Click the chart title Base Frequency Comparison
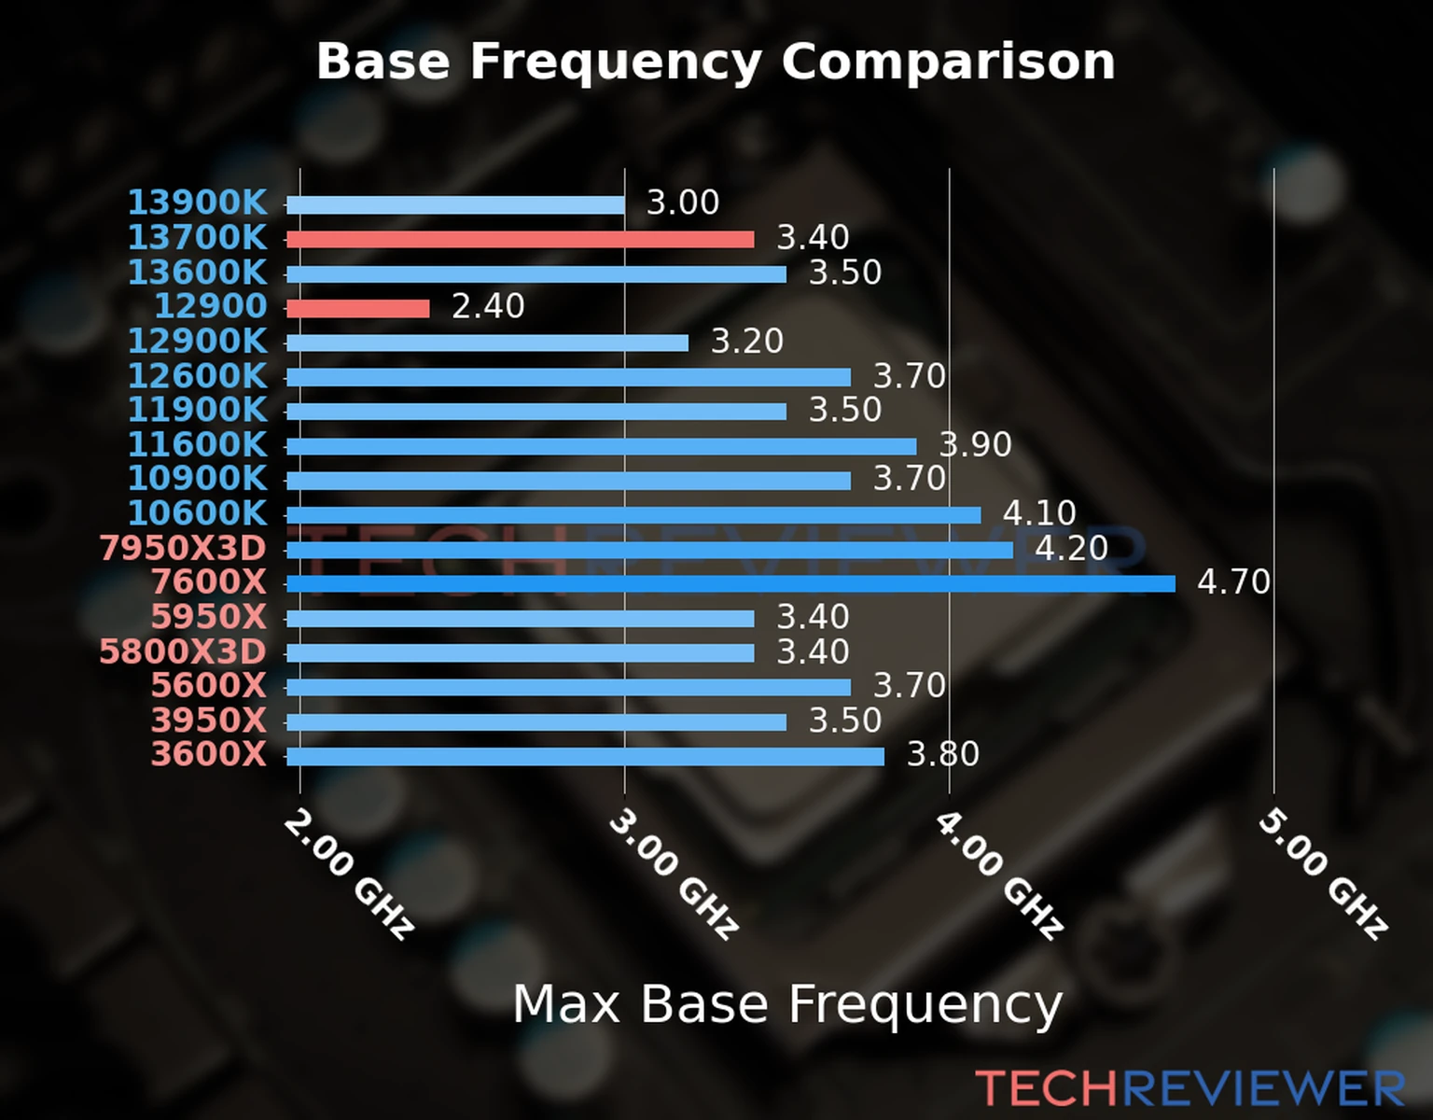716,62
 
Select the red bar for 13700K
520,240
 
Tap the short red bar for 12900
357,308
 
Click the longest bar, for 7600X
730,584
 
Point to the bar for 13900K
455,205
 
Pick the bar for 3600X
585,756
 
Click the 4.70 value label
1233,582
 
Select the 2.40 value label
488,306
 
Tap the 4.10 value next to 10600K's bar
1039,513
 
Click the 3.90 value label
975,445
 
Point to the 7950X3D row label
183,549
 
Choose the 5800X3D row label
183,651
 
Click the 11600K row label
197,445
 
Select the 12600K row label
197,376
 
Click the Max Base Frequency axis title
787,1004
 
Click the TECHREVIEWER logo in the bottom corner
1190,1089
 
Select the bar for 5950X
520,619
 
